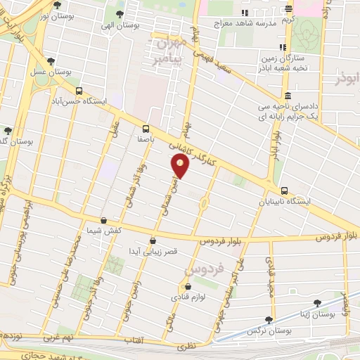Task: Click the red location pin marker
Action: coord(181,167)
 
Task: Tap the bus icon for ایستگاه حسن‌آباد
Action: coord(79,91)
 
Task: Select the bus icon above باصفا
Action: coord(146,129)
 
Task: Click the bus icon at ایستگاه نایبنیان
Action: coord(284,191)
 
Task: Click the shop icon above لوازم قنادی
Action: coord(187,287)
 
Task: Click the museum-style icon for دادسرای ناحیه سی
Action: coord(287,96)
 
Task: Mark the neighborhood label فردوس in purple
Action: coord(203,268)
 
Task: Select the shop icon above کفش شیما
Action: coord(104,220)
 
